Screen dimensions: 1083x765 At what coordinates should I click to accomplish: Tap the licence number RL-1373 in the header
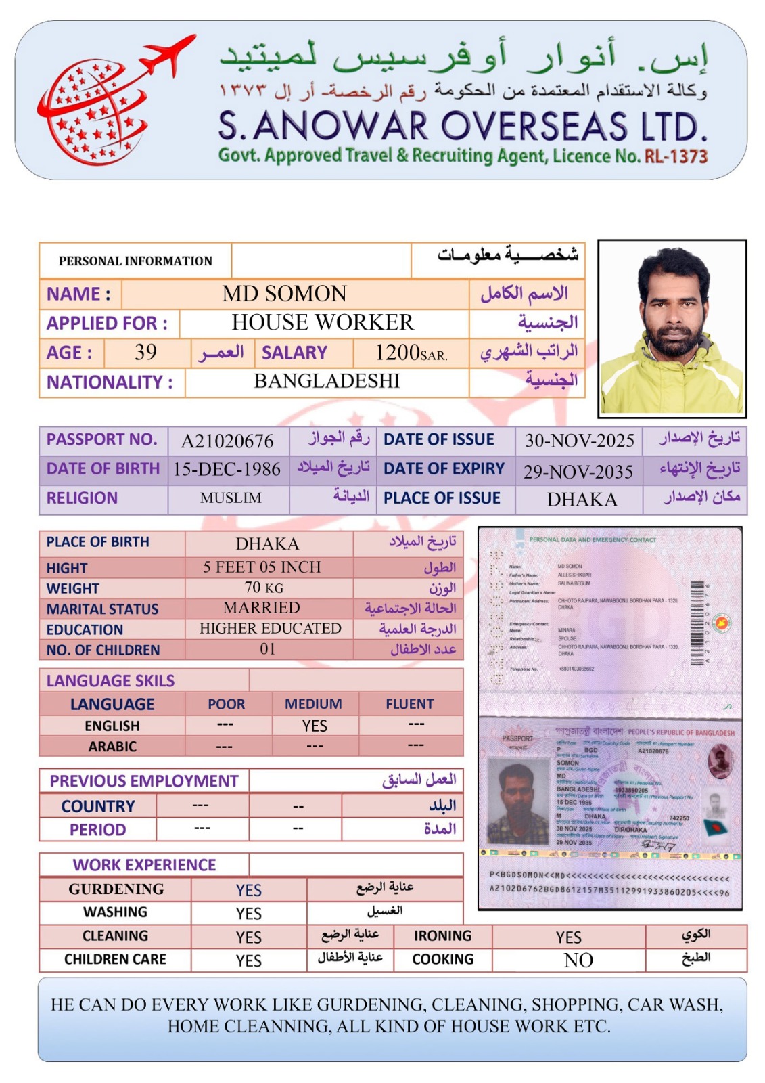[x=676, y=156]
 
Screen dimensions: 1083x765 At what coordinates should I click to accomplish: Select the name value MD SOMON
[x=284, y=294]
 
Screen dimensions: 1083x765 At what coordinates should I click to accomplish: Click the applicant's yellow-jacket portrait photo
[x=672, y=328]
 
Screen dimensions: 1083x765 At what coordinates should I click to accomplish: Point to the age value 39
[x=145, y=352]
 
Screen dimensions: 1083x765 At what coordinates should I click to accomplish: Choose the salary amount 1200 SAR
[x=411, y=353]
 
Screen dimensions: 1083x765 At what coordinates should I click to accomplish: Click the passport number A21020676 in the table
[x=227, y=441]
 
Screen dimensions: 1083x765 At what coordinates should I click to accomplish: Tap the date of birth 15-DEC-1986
[x=227, y=469]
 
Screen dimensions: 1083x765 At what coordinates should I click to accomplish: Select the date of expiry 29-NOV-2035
[x=578, y=472]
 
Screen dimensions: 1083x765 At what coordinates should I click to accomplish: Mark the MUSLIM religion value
[x=231, y=498]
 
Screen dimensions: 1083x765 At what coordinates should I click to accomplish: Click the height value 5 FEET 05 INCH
[x=262, y=567]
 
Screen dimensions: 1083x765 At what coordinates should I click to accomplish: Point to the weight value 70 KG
[x=264, y=588]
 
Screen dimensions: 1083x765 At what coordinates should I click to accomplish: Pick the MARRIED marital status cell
[x=262, y=608]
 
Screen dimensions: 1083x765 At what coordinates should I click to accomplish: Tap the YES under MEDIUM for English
[x=315, y=726]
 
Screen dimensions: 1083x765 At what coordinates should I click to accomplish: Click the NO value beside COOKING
[x=578, y=960]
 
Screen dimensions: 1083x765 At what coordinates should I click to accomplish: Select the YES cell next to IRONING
[x=568, y=937]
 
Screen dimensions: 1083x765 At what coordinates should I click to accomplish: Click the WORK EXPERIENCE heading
[x=144, y=865]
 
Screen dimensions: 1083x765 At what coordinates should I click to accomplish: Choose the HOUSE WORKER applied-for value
[x=323, y=323]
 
